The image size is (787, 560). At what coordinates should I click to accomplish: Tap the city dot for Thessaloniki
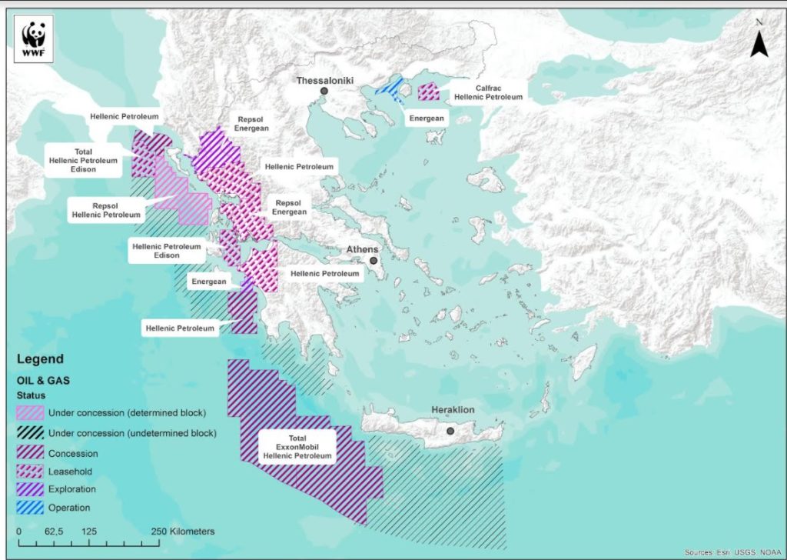pos(324,92)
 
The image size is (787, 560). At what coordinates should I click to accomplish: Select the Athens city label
pos(361,249)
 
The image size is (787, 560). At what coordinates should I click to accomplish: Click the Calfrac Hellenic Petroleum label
pos(487,92)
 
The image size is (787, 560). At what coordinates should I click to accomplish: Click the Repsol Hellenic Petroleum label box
pos(106,210)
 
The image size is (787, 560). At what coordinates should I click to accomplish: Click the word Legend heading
pos(40,359)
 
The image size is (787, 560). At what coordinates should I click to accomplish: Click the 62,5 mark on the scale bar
pos(54,532)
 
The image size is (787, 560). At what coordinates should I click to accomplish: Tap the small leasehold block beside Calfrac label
pos(427,93)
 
